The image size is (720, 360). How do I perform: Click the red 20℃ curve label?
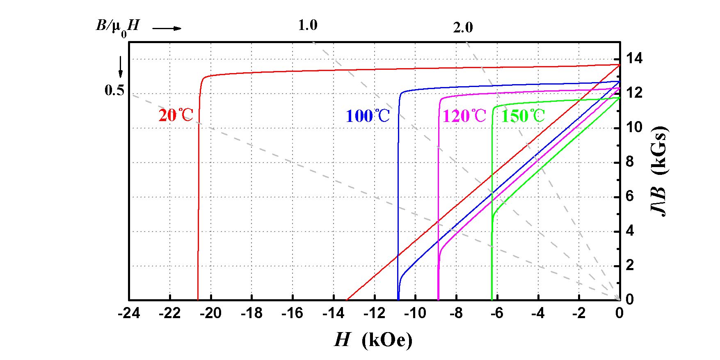(176, 116)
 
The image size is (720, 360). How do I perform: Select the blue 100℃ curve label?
(368, 116)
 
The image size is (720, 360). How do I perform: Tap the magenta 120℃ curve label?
(464, 116)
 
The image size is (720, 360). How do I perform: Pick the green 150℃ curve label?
(523, 116)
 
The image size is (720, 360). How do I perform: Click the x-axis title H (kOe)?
(373, 340)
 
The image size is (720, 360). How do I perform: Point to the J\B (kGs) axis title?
(659, 171)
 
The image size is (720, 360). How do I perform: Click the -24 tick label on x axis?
(129, 314)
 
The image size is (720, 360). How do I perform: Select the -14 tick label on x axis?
(333, 314)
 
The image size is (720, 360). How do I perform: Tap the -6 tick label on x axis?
(497, 314)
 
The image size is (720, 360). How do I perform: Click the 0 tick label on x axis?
(619, 314)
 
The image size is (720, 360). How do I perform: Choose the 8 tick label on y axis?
(630, 162)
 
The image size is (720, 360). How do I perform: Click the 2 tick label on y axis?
(630, 265)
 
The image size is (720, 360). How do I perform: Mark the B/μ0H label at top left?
(117, 27)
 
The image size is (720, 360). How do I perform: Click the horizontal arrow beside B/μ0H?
(167, 28)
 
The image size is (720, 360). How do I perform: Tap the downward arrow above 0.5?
(121, 67)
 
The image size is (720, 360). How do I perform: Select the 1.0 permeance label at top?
(307, 25)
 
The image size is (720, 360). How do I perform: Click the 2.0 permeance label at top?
(463, 28)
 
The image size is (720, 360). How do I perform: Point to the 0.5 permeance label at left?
(114, 90)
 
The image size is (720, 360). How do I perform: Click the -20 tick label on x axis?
(211, 314)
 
